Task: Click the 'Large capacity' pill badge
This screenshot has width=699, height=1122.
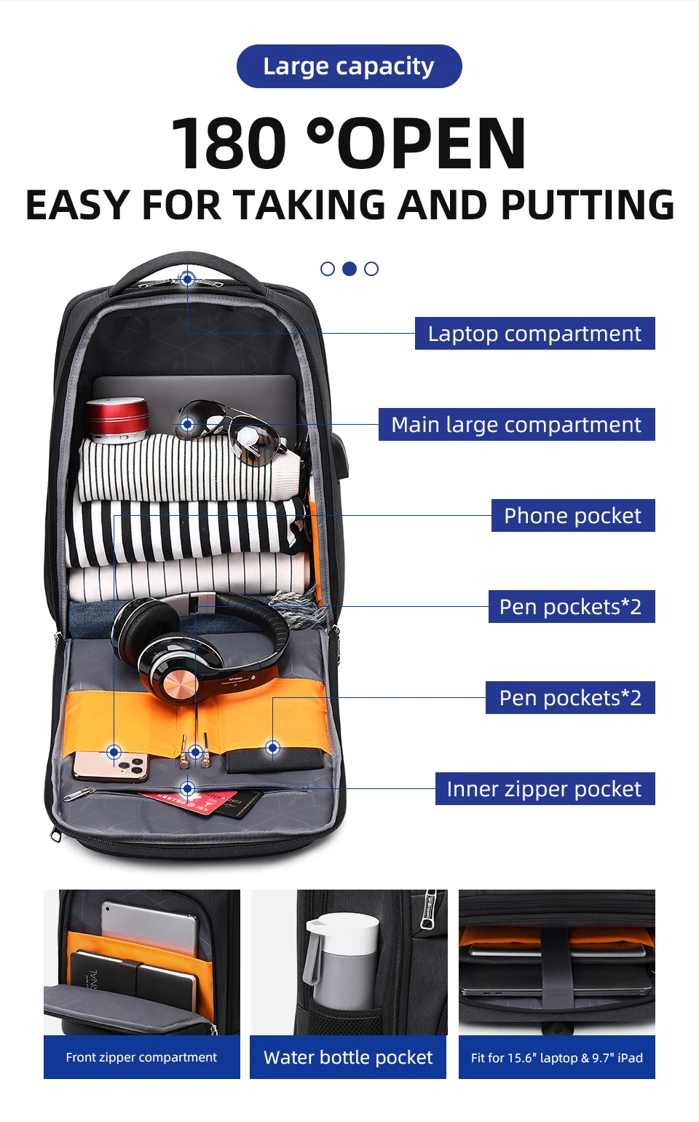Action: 349,66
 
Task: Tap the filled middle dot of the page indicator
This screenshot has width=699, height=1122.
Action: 349,269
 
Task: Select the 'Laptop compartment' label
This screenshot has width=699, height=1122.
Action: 534,333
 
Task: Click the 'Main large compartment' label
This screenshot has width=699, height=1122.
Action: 517,424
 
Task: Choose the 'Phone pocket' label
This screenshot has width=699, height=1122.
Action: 573,515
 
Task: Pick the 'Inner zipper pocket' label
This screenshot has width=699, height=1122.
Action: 545,788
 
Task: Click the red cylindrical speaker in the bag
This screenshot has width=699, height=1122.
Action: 117,420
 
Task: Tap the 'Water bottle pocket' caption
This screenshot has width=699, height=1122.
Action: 348,1057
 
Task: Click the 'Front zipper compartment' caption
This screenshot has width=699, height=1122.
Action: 141,1057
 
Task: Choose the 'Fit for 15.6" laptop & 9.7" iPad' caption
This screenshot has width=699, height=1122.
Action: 557,1057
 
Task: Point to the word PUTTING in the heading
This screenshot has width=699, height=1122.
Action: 588,205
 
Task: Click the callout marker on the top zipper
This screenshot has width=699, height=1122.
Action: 187,279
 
